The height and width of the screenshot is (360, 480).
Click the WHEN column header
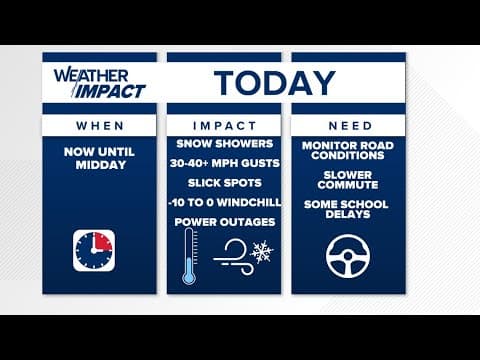coord(99,126)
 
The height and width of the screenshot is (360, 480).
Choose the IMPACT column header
coord(223,126)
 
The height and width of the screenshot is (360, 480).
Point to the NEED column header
coord(349,126)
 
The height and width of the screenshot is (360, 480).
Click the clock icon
coord(94,250)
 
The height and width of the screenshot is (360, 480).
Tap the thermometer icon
coord(189,257)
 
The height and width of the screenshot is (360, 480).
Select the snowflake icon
coord(262,251)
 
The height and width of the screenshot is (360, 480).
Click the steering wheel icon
coord(349,254)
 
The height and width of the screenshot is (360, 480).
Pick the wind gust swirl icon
coord(236,250)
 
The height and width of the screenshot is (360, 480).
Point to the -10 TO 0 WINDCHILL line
coord(223,203)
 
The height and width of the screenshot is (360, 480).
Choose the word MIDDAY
coord(99,164)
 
